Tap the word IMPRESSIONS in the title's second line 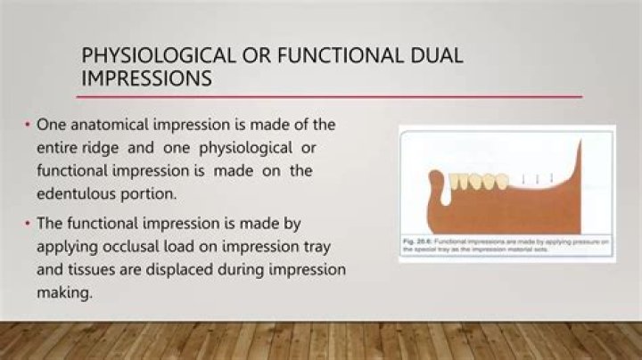pyautogui.click(x=146, y=78)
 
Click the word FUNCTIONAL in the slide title pyautogui.click(x=330, y=56)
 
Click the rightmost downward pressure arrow pyautogui.click(x=553, y=178)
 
